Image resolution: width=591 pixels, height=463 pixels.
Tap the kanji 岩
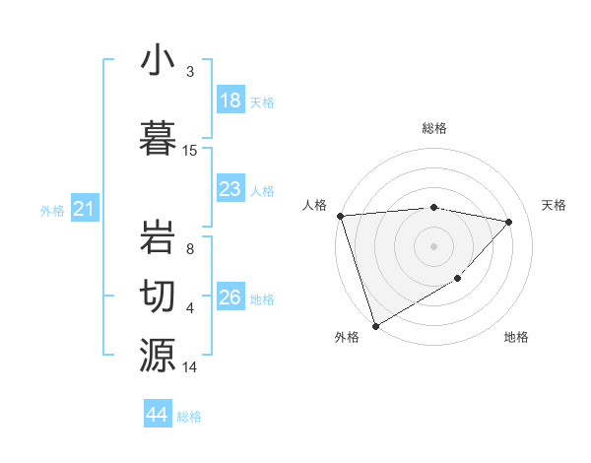pos(158,235)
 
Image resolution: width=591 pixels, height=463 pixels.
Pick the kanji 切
pos(158,295)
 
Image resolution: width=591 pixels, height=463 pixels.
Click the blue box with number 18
pos(230,100)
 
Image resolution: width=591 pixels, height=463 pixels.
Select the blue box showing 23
pos(230,189)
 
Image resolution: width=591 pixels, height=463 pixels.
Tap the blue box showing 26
pos(230,298)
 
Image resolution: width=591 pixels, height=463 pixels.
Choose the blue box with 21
pos(85,209)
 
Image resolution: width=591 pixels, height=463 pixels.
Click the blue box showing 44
pos(158,415)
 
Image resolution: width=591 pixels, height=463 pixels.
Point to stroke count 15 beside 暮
pos(190,151)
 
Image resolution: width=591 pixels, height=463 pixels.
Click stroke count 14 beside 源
pos(190,367)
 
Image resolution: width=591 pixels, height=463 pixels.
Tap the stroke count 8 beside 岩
pos(190,249)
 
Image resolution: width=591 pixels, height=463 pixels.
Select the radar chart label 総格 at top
pos(434,128)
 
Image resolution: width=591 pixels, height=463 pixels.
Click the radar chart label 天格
pos(555,205)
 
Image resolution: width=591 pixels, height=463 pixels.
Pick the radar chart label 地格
pos(516,337)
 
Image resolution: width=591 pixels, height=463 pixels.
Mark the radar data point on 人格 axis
pos(340,216)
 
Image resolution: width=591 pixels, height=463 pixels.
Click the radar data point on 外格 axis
pos(375,325)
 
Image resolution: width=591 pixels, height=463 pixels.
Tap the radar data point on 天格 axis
pos(509,222)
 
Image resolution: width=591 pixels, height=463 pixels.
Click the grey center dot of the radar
pos(434,246)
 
